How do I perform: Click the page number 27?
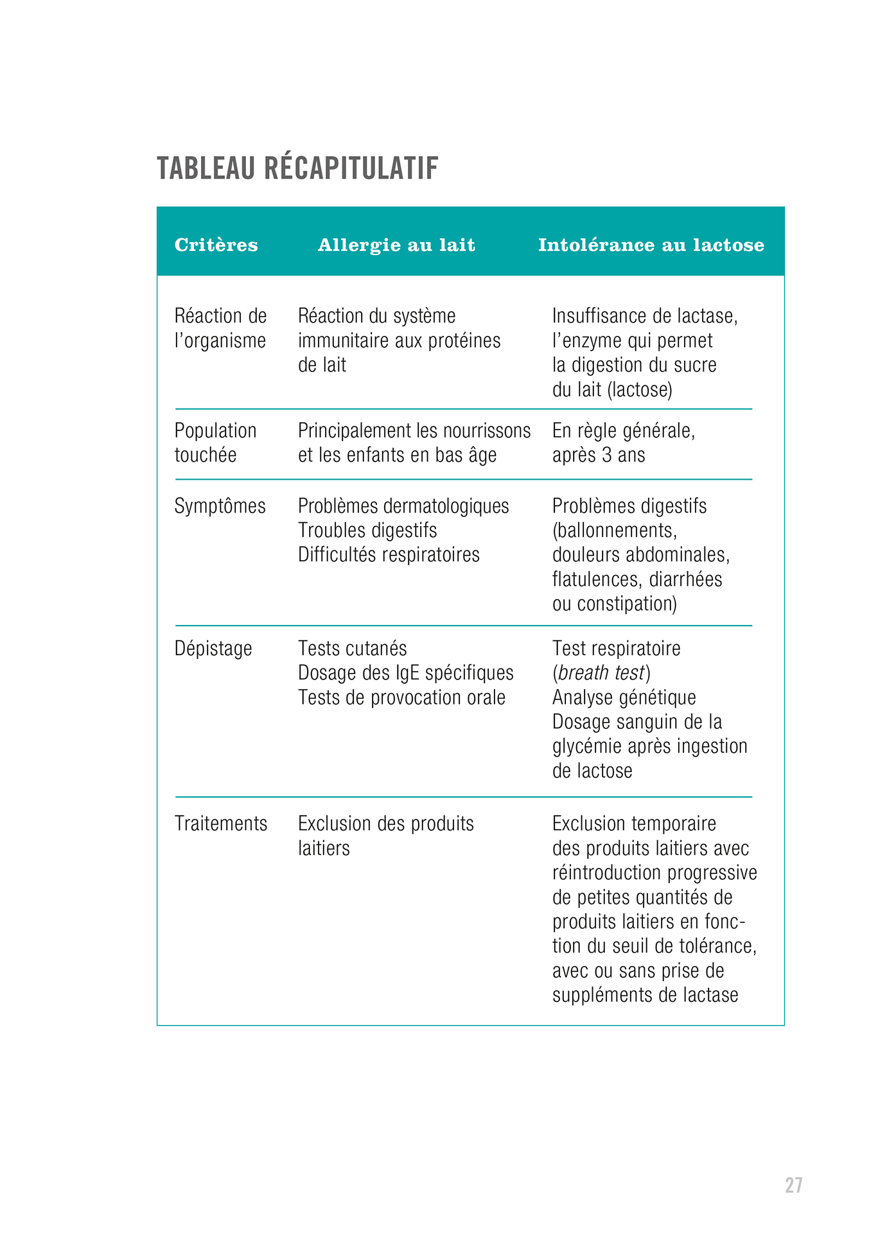point(793,1185)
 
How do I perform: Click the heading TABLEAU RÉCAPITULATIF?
point(297,168)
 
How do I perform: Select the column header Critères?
point(216,245)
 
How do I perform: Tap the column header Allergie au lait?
point(396,245)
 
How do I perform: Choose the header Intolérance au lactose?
point(651,245)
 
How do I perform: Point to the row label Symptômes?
point(220,506)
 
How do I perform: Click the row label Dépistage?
point(213,649)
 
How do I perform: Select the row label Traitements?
point(221,823)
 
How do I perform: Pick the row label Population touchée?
point(215,442)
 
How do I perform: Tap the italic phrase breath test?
point(601,673)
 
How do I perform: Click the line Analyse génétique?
point(624,697)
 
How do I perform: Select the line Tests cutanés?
point(352,649)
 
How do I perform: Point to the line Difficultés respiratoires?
point(389,555)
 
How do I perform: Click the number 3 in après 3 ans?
point(607,455)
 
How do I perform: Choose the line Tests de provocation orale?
point(401,697)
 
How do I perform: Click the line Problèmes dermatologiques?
point(403,506)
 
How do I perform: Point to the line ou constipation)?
point(614,604)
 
